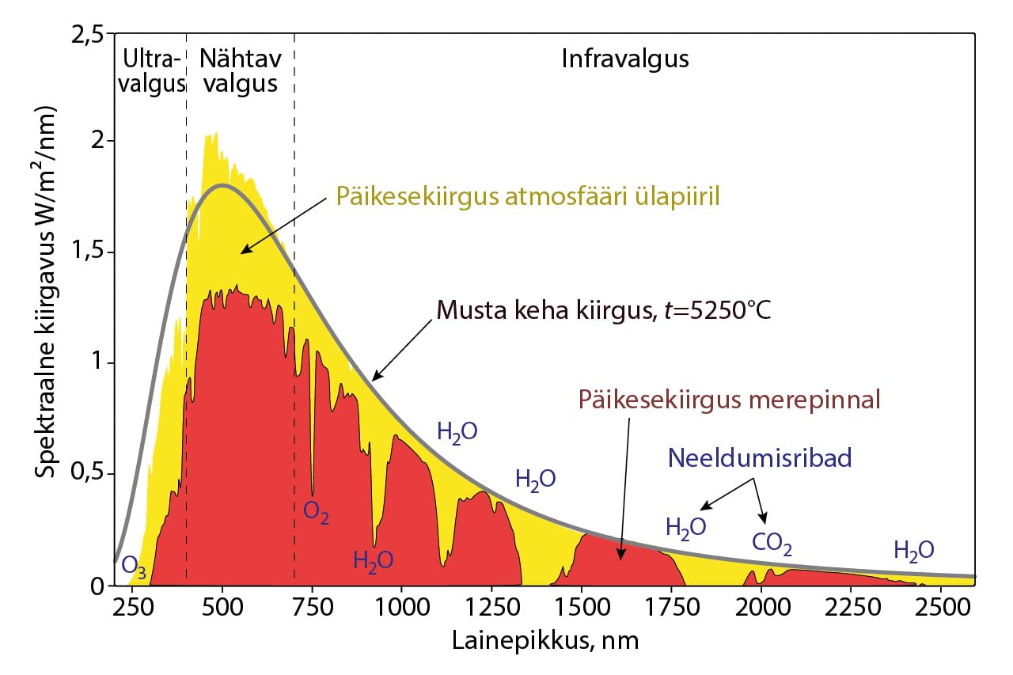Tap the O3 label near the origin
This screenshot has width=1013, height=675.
134,568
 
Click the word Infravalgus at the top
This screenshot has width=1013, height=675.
625,59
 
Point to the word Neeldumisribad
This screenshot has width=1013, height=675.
759,458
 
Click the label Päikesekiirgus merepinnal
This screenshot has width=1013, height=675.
729,399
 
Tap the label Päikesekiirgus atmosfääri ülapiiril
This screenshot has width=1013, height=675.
527,195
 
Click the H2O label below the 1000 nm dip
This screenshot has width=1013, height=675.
373,560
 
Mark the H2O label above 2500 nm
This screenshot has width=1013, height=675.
913,550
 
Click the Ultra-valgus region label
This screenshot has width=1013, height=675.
150,71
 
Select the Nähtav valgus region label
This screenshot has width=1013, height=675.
238,71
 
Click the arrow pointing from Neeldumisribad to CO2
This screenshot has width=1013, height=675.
759,500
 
